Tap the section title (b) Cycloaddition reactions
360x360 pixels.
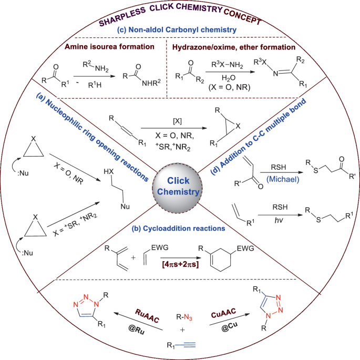coord(179,230)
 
